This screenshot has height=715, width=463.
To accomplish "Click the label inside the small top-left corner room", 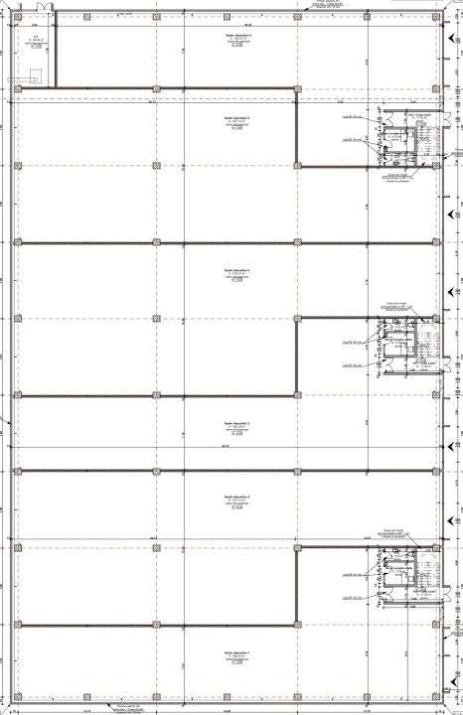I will [34, 41].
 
